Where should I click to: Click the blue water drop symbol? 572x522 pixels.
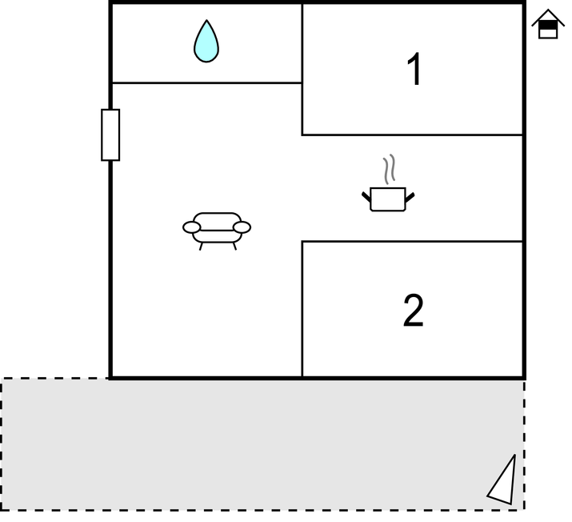coord(206,42)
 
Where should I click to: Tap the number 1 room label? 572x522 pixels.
coord(415,70)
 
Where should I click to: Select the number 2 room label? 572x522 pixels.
coord(414,311)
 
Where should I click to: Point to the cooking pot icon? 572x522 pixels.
coord(388,183)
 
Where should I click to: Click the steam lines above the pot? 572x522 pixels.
coord(390,169)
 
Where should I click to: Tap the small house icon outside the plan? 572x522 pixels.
coord(548,24)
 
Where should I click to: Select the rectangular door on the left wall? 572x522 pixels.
coord(110,135)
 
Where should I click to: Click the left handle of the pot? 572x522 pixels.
coord(366,197)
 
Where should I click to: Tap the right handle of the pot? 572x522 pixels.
coord(410,197)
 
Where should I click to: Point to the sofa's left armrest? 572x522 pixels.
coord(191,227)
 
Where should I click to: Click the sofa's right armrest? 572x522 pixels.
coord(242,227)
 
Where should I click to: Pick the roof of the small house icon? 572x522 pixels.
coord(548,17)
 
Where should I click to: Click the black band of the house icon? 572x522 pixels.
coord(548,25)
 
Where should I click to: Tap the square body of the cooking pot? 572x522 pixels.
coord(388,199)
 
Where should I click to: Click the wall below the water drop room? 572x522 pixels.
coord(207,83)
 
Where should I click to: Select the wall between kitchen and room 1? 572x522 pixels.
coord(412,135)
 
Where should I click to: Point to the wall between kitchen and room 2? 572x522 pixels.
coord(412,241)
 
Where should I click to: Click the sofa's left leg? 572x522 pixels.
coord(201,247)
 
